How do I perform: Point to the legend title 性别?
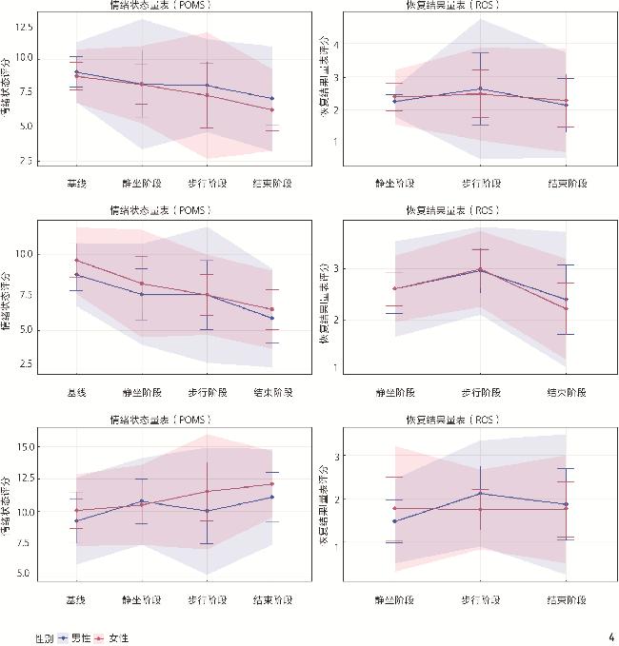[x=44, y=637]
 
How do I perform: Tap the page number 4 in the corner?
[x=610, y=636]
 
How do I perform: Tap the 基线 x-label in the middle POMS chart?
[x=76, y=393]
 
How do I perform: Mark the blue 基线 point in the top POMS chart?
[x=76, y=72]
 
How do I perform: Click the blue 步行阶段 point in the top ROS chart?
[x=479, y=88]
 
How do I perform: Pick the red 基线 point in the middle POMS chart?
[x=76, y=260]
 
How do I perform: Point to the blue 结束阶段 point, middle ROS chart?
[x=565, y=300]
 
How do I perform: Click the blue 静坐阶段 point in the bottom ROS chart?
[x=394, y=520]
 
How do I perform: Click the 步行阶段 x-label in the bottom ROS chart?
[x=479, y=600]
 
